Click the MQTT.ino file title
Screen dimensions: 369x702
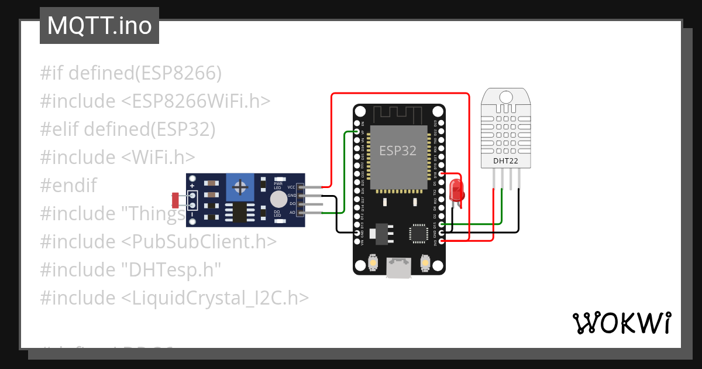[x=99, y=26]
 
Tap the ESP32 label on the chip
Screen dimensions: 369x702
[x=398, y=151]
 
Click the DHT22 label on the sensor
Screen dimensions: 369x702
[x=505, y=160]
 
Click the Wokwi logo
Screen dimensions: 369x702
[x=621, y=323]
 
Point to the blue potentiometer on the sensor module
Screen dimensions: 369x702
[x=239, y=187]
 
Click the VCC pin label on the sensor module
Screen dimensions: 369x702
[x=291, y=187]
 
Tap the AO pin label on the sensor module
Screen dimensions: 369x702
[x=292, y=212]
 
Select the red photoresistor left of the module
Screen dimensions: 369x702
[x=175, y=200]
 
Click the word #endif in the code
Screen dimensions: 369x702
[x=68, y=186]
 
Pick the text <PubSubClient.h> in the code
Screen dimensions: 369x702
[x=199, y=241]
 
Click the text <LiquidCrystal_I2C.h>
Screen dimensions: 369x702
[x=215, y=298]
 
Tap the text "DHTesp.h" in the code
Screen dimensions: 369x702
[x=171, y=269]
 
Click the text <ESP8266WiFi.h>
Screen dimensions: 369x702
[x=196, y=101]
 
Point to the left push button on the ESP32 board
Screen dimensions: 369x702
[x=373, y=264]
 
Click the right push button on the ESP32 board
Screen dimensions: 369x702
[x=425, y=264]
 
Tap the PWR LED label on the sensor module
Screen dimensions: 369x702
[x=278, y=186]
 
